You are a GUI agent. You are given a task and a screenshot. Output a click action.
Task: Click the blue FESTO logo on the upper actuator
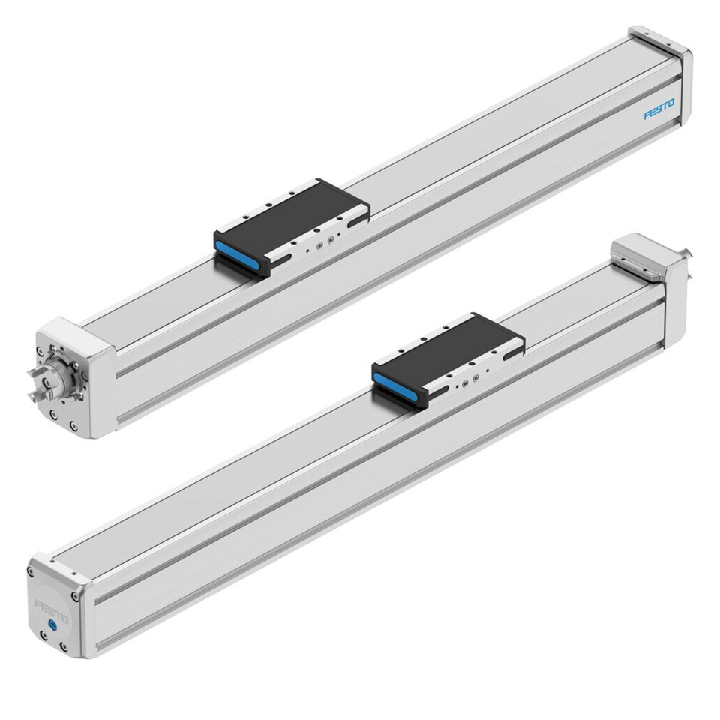tap(659, 109)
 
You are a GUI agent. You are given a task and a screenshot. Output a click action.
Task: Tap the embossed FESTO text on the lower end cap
tap(52, 611)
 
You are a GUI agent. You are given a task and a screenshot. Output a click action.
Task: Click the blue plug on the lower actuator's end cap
tap(53, 625)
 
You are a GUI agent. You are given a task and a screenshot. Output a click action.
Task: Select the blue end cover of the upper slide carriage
tap(238, 254)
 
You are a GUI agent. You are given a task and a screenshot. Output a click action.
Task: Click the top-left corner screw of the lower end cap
tap(31, 572)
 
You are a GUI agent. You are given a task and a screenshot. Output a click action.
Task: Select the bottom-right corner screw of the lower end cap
tap(63, 648)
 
